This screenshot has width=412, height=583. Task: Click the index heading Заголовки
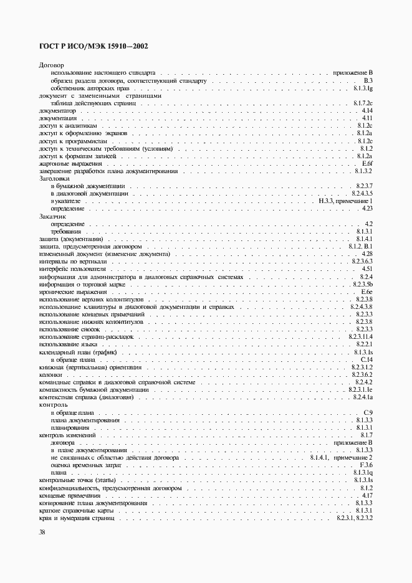(54, 179)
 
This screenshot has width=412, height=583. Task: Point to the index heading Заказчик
(52, 216)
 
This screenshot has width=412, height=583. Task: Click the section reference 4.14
(366, 110)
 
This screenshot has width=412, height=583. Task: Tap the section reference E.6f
(366, 163)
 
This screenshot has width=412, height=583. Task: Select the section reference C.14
(366, 359)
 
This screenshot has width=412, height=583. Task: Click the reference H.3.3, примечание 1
(345, 201)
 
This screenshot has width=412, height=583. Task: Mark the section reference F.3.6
(366, 465)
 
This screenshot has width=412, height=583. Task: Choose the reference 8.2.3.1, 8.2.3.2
(354, 518)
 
